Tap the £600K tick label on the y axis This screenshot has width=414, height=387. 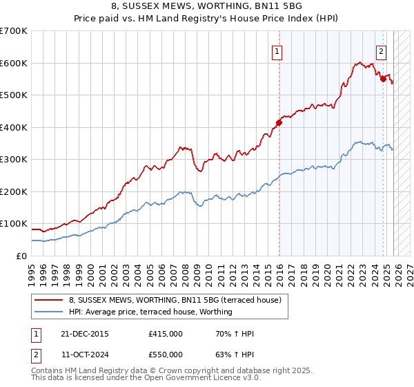13,63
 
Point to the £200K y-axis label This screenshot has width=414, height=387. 13,191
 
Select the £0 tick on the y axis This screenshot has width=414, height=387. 22,256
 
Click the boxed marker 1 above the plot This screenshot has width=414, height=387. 277,50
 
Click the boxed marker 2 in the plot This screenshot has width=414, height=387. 381,50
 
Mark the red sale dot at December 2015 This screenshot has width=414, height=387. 279,123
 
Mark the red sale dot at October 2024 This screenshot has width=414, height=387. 383,79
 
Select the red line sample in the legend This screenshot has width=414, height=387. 50,301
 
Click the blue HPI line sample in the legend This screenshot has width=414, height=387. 50,312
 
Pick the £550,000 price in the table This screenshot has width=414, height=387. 165,354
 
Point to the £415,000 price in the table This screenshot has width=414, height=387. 165,334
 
